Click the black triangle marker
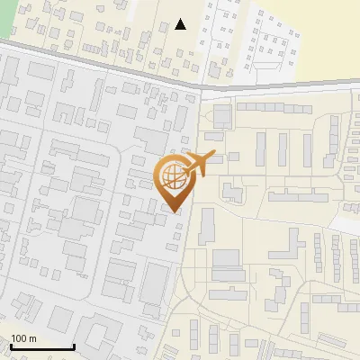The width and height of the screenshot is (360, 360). (x=181, y=24)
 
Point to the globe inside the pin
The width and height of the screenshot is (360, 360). (x=173, y=174)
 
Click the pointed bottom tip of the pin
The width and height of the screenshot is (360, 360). (x=174, y=211)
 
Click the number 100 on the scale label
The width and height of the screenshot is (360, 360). (x=19, y=338)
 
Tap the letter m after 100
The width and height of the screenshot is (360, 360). (x=32, y=338)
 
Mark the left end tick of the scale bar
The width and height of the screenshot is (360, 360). (x=12, y=346)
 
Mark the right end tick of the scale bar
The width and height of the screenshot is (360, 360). (x=74, y=346)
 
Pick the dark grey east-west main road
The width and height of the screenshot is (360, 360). (x=99, y=67)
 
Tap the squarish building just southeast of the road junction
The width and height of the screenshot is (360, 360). (x=222, y=115)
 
